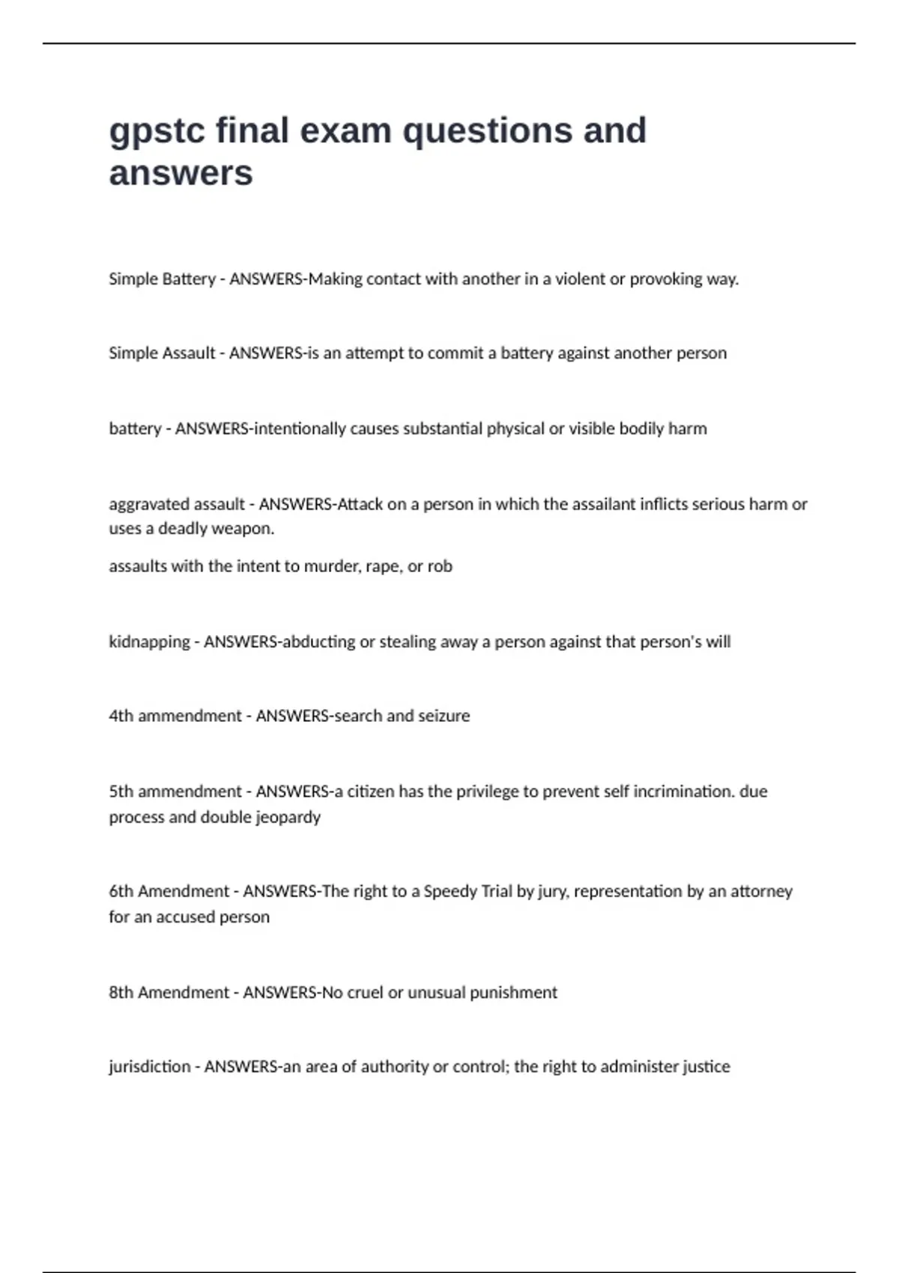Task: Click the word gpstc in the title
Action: [x=157, y=132]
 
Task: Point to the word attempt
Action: [x=374, y=353]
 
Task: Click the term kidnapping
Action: [x=149, y=642]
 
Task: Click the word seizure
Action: [x=444, y=716]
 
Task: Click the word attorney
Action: [x=761, y=891]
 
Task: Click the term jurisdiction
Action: [x=150, y=1067]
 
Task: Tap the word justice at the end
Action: [x=706, y=1067]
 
